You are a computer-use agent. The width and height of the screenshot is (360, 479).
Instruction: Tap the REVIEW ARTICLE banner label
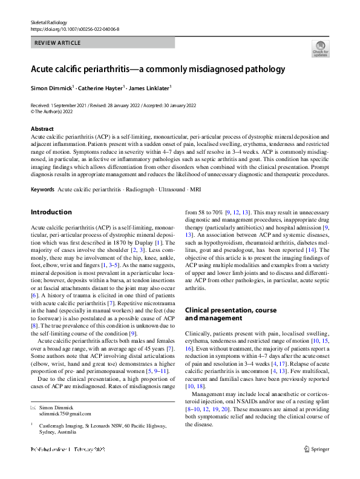(x=59, y=43)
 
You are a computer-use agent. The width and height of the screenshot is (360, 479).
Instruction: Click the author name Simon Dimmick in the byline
(x=51, y=88)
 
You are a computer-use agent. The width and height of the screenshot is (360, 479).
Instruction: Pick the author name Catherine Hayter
(x=102, y=88)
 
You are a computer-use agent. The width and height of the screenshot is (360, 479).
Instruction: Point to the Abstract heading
(x=42, y=129)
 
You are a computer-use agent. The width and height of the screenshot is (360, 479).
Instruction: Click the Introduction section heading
(x=51, y=212)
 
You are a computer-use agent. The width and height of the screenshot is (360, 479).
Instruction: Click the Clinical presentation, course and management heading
(x=231, y=314)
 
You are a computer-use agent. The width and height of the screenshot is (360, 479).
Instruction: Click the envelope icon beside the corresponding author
(x=33, y=408)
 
